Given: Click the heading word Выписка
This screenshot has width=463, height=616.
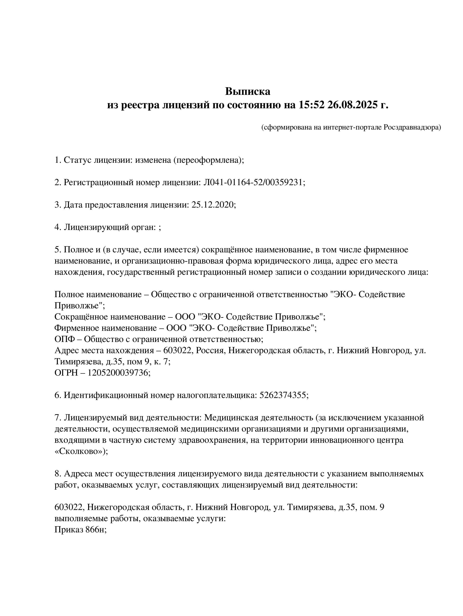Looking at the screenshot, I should point(247,91).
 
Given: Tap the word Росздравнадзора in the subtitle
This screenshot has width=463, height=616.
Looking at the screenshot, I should point(412,127).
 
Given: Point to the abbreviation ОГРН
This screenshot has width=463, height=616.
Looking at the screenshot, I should point(66,373).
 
